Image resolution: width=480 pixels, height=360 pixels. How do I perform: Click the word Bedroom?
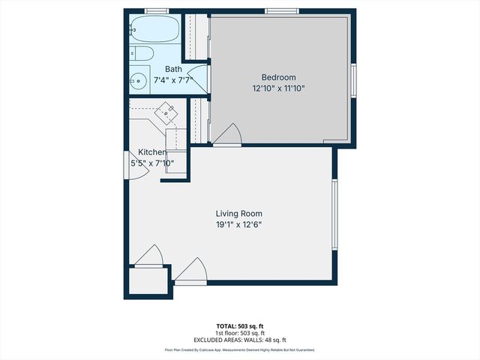(x=278, y=77)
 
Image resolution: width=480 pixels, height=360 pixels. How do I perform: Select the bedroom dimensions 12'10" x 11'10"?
(x=278, y=88)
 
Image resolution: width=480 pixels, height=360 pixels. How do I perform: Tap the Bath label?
(x=173, y=69)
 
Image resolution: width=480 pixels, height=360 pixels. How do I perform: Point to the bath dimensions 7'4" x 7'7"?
(x=173, y=79)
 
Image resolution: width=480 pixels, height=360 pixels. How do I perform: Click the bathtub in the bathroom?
(x=153, y=30)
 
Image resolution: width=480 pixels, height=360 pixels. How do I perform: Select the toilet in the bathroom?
(x=142, y=53)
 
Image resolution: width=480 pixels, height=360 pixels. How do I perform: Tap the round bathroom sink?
(x=139, y=81)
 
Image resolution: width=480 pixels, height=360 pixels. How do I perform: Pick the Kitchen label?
(x=151, y=152)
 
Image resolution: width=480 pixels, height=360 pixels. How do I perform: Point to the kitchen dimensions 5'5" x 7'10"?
(x=152, y=163)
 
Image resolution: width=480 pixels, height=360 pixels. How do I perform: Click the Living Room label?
(x=239, y=214)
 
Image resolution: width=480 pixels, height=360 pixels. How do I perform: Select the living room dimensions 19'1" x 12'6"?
(x=239, y=224)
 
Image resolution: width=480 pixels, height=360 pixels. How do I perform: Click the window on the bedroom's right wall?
(x=353, y=79)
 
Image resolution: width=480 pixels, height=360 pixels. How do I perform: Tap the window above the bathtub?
(x=156, y=11)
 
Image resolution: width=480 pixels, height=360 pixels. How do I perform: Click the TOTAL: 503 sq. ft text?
(x=239, y=325)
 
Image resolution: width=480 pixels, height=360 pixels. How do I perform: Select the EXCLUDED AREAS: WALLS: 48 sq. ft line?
(x=239, y=339)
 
